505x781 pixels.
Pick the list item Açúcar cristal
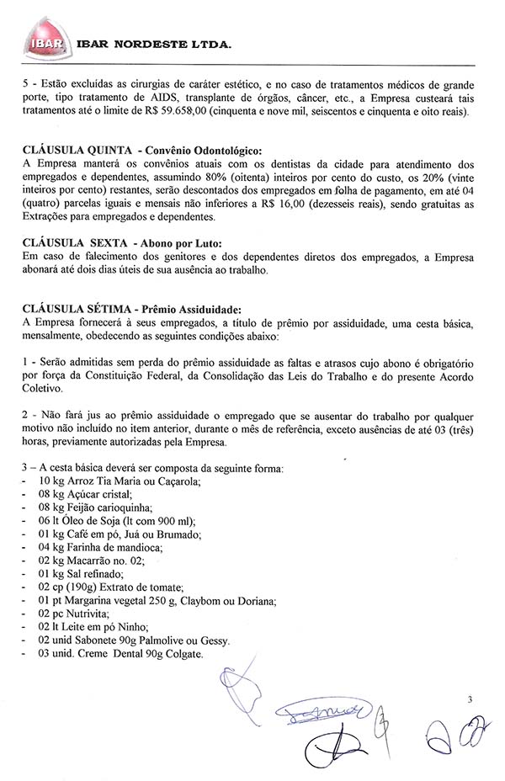point(93,494)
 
